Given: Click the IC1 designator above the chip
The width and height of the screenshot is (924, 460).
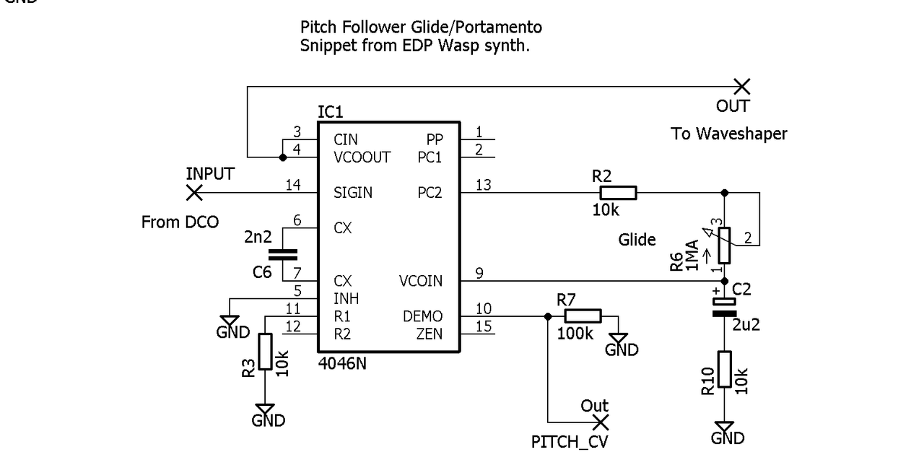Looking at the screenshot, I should tap(331, 113).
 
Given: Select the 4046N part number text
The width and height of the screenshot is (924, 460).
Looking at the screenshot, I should tap(342, 363).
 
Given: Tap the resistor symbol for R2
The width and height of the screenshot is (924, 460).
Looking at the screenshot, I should tap(619, 193).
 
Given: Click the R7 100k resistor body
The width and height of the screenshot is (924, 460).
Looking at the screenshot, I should tap(583, 316).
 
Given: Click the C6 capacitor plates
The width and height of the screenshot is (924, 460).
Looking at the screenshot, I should tap(282, 253).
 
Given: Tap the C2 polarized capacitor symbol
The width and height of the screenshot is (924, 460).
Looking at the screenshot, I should tap(724, 309).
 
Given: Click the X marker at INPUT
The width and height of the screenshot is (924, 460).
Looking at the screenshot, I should tap(193, 193).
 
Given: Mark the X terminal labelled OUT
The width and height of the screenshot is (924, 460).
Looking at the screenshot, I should tap(741, 87).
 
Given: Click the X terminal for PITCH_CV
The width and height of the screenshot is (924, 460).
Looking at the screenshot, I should tap(600, 422).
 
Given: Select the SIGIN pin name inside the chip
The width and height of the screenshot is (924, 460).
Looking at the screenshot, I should tap(353, 193).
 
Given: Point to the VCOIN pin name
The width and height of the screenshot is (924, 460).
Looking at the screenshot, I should tap(421, 281).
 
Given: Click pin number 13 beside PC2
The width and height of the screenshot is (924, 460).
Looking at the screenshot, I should tap(483, 186).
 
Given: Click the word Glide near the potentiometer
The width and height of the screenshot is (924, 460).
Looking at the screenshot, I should tap(637, 240).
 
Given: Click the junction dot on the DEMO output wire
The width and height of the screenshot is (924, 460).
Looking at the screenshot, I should tap(547, 316).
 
